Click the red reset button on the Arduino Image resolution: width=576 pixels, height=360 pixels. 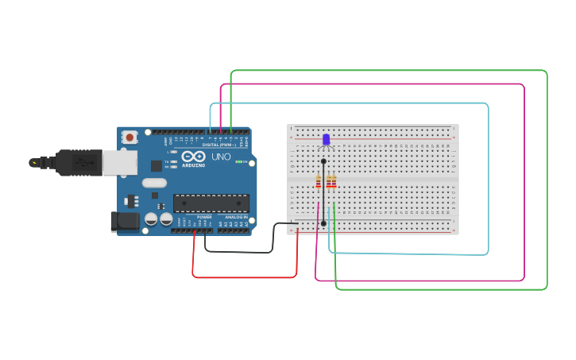130,137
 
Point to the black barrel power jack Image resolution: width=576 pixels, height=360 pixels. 124,221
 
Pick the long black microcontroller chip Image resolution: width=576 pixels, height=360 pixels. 211,203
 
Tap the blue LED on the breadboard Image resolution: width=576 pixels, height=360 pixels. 326,140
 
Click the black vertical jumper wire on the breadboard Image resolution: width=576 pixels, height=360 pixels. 323,195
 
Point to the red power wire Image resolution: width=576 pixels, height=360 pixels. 245,277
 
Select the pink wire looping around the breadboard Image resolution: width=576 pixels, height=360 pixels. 524,183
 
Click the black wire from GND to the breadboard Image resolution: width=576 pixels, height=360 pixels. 238,251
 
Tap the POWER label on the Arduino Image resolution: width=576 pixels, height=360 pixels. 204,216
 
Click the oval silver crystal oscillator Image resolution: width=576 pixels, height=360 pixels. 156,184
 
